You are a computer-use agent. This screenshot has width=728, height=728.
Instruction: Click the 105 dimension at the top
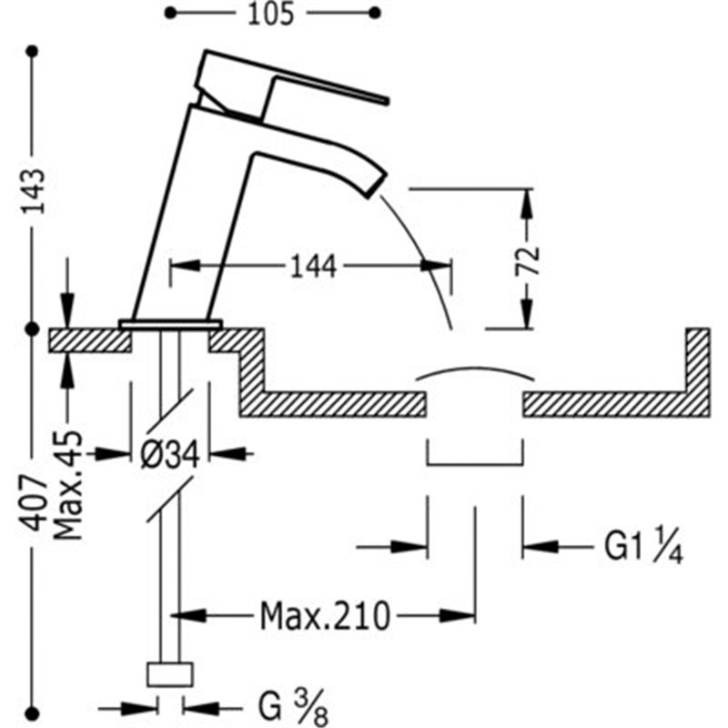[x=270, y=14]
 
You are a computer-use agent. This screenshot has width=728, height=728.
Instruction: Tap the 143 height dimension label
[x=34, y=191]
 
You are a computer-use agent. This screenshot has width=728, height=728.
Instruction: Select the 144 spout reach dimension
[x=313, y=267]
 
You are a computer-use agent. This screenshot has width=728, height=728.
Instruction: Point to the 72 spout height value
[x=529, y=260]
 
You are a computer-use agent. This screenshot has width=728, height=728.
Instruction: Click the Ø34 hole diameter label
[x=170, y=454]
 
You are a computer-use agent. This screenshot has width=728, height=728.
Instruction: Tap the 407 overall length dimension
[x=35, y=503]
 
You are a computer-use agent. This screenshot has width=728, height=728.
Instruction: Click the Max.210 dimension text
[x=325, y=617]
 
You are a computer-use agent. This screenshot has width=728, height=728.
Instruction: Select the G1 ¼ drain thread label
[x=643, y=548]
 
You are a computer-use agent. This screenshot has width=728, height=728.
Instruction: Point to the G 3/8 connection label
[x=293, y=709]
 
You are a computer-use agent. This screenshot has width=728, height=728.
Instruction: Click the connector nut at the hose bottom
[x=170, y=674]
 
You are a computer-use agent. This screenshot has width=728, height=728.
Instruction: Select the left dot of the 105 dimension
[x=171, y=13]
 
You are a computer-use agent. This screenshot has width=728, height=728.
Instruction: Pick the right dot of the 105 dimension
[x=375, y=13]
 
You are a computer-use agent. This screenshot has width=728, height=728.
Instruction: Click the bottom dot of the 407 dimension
[x=32, y=713]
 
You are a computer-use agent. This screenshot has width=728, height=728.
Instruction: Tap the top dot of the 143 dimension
[x=32, y=51]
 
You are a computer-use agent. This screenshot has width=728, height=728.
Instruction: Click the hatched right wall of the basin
[x=697, y=371]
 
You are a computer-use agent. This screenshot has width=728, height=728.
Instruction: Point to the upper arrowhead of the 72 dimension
[x=528, y=206]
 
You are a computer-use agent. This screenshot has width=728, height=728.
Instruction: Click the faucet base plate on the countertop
[x=170, y=324]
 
